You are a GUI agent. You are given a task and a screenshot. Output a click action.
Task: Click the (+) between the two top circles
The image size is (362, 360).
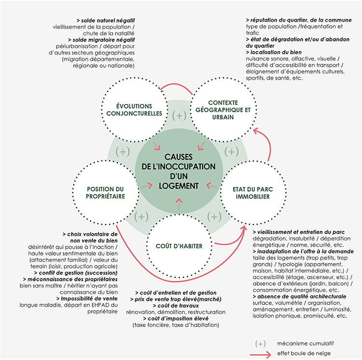click(179, 116)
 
